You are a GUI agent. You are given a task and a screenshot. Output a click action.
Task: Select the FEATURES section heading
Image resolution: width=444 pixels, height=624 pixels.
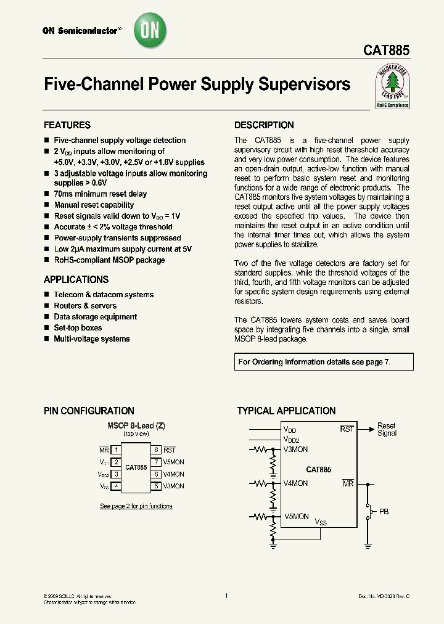[67, 125]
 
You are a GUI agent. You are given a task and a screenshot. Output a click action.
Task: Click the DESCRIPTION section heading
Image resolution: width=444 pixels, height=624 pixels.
[264, 125]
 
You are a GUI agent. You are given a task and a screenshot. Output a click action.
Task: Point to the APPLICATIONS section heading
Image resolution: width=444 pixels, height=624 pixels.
[76, 279]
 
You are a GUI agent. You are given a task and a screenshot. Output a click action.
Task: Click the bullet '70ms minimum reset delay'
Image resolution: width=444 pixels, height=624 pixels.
[100, 194]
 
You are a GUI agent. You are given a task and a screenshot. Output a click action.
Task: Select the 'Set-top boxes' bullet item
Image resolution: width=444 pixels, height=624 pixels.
[78, 327]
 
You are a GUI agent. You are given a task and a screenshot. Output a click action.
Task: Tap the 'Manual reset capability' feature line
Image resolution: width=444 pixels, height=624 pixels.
[94, 205]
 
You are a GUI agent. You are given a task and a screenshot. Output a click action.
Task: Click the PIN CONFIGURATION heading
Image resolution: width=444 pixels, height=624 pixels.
[89, 411]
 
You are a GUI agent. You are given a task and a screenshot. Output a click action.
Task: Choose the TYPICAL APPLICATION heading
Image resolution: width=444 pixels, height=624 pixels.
[286, 411]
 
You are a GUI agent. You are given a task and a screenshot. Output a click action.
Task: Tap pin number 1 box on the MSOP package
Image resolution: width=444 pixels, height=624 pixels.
[116, 450]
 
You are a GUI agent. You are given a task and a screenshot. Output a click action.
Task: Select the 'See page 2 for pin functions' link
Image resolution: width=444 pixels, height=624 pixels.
[136, 506]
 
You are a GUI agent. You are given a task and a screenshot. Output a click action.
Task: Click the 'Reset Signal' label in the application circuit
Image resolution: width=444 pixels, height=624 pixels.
[387, 429]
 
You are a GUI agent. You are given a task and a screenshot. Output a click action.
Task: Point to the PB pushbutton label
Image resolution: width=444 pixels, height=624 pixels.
[384, 512]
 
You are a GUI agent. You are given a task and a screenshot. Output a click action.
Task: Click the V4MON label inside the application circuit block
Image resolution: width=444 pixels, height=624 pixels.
[296, 483]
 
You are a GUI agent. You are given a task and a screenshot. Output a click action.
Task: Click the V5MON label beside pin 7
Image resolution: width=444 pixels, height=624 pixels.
[174, 462]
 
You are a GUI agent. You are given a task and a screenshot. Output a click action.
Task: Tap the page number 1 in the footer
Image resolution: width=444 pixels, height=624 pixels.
[226, 596]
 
